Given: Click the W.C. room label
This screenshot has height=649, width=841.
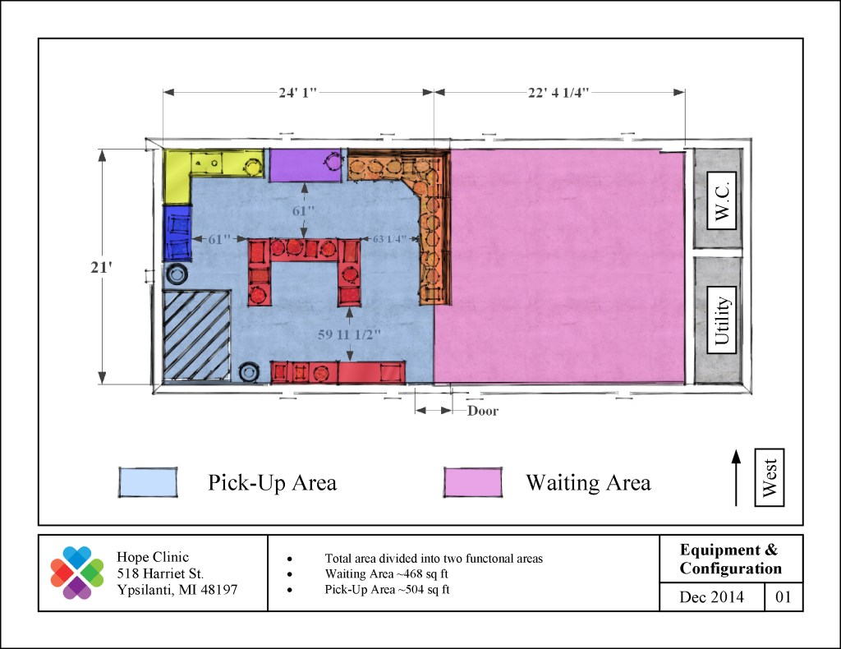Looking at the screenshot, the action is pos(721,200).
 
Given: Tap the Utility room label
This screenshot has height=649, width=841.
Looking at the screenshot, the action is pos(721,320).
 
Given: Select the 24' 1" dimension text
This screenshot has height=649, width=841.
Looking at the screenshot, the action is pos(297,92).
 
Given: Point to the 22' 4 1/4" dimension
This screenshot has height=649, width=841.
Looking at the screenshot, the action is pos(558,92).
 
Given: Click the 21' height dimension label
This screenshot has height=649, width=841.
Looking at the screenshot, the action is pos(101,266).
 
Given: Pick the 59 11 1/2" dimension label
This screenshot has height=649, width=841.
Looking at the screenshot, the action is pos(349,334).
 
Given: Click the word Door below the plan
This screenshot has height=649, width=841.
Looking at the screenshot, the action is pos(483,411).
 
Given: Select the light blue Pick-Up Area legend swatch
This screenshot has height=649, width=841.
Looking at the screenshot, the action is pos(148,482).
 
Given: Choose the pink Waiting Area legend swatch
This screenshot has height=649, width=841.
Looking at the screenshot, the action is pos(473,482).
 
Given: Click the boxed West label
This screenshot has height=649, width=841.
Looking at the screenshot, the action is pos(769,477).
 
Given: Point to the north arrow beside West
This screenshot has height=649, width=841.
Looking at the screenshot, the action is pos(736,477).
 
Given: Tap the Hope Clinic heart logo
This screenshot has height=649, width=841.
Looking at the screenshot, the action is pos(77,573).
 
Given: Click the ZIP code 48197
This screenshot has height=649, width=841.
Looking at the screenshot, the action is pos(216,590).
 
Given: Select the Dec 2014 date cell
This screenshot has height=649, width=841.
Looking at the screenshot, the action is pos(712,597).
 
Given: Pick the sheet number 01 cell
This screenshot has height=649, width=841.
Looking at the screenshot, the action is pos(784,597).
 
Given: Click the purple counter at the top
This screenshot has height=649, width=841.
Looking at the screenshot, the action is pos(306,164).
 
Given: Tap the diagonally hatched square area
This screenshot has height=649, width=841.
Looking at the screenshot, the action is pos(197,336).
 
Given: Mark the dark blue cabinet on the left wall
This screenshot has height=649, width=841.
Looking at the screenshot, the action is pos(177,232).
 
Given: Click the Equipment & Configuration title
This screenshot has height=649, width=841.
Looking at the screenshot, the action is pos(730,559).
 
